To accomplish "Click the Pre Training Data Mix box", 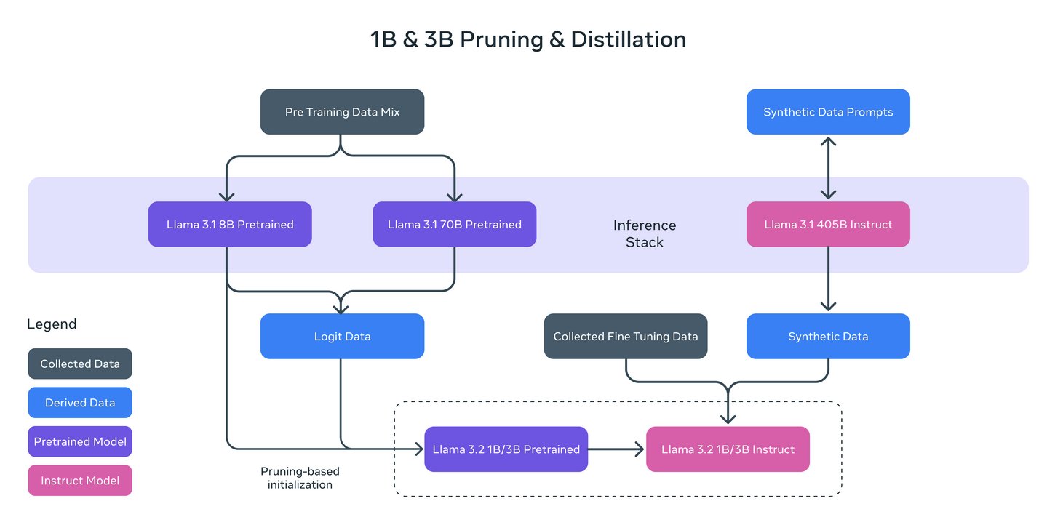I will [342, 112].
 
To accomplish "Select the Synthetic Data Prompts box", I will [828, 112].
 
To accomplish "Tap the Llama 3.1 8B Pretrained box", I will [230, 224].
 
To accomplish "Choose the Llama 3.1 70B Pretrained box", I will [455, 224].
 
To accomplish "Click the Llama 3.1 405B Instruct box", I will [828, 224].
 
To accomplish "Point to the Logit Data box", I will [342, 336].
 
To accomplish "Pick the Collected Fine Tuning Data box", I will [626, 336].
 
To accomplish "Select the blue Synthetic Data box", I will [828, 336].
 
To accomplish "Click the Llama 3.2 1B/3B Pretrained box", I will [506, 449].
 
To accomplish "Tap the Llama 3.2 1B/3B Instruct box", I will [728, 449].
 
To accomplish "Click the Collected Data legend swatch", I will [80, 364].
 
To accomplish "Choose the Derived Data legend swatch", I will [80, 402].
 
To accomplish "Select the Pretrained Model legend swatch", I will [80, 441].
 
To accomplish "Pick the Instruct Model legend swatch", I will [80, 480].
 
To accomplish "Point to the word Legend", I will [52, 324].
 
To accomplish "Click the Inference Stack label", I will [645, 233].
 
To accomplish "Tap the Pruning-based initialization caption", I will [300, 478].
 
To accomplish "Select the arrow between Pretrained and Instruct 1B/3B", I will [617, 449].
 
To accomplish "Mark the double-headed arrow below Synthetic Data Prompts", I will [828, 168].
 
